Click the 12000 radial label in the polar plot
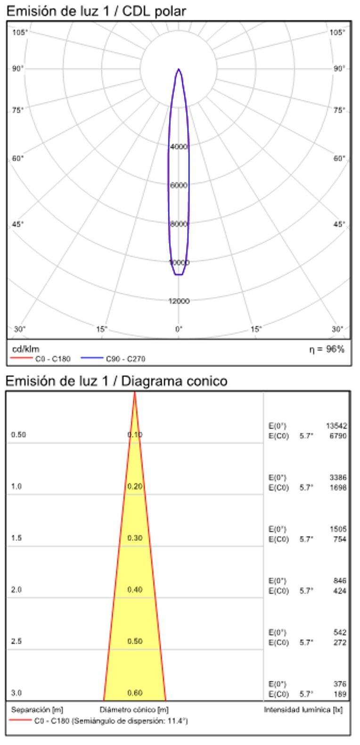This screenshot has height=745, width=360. point(179,301)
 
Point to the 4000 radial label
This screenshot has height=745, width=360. point(179,147)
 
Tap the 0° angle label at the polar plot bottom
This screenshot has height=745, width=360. point(179,329)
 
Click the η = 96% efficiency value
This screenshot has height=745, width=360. point(327,349)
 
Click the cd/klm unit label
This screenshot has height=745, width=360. point(25,349)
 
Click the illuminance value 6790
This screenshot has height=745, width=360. point(338,436)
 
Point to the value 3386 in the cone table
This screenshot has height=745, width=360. point(338,478)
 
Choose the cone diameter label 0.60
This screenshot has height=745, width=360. point(135,693)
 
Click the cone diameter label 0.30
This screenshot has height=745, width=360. point(135,538)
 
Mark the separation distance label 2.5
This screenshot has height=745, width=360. point(16,641)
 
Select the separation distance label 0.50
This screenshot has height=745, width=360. point(18,435)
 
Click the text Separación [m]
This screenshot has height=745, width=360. point(37,709)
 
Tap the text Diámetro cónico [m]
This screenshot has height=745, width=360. point(134,709)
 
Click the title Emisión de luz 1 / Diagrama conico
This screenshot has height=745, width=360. point(116,381)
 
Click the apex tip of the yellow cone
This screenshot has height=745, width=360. point(135,393)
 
